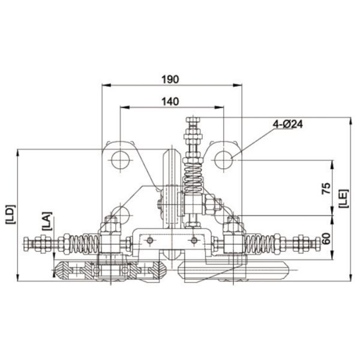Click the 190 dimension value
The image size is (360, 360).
click(170, 79)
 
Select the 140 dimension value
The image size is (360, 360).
click(170, 101)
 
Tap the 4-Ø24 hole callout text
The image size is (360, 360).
click(287, 124)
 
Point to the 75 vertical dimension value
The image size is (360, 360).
click(326, 188)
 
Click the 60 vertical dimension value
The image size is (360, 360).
click(326, 238)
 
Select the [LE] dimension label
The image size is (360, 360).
click(344, 199)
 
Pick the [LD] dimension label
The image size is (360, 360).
click(10, 214)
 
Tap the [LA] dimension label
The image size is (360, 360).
click(47, 221)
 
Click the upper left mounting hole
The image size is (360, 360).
click(121, 160)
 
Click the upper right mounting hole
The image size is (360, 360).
click(224, 160)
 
